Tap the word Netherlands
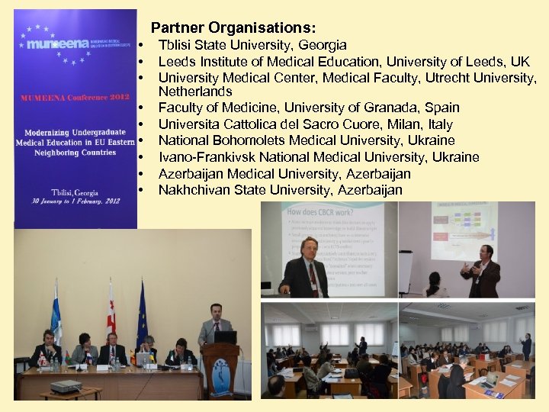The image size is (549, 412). point(194,92)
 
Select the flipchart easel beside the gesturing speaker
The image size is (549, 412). point(406,271)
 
